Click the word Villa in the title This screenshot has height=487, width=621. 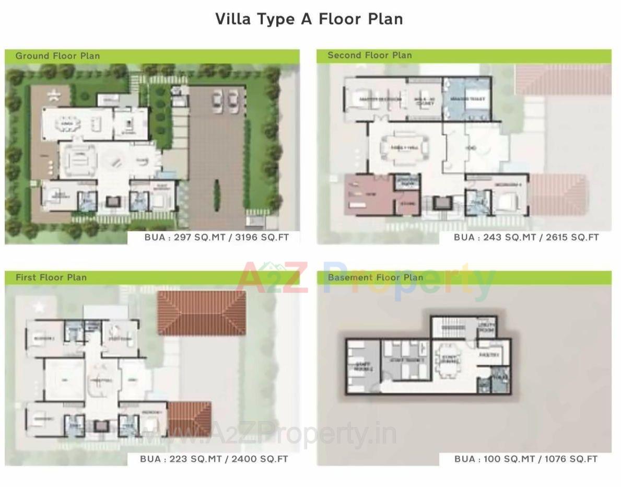[x=233, y=19]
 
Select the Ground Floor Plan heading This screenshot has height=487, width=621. [x=57, y=56]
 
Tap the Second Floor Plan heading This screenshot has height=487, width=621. [x=369, y=55]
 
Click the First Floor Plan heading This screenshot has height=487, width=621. [x=51, y=277]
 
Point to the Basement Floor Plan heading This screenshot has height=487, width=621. [x=375, y=277]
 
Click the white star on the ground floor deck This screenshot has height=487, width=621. [x=53, y=95]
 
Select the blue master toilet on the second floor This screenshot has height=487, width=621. [x=466, y=99]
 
